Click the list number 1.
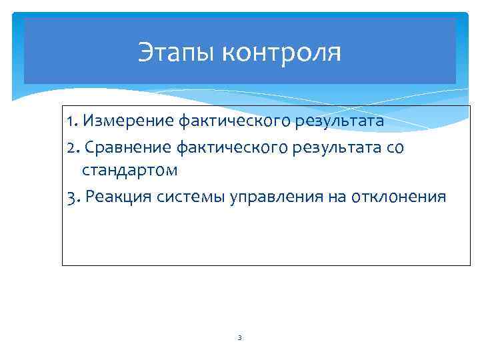click(x=71, y=123)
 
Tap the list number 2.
click(x=72, y=147)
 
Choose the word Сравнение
click(x=119, y=147)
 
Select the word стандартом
click(x=130, y=170)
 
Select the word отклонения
click(x=399, y=197)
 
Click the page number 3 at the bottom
click(x=239, y=338)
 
